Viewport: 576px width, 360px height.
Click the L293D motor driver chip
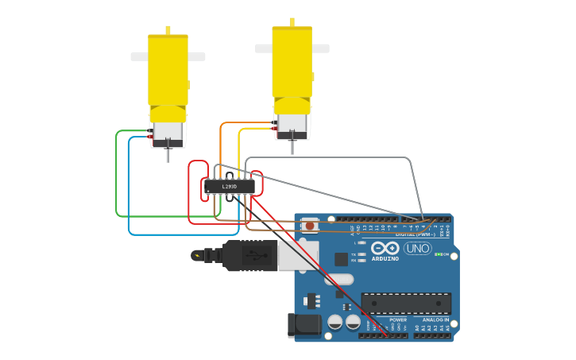click(x=230, y=187)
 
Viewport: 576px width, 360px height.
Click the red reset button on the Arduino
click(x=309, y=226)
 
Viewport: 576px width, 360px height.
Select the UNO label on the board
click(x=417, y=249)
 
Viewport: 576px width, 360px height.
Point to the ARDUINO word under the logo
click(x=385, y=258)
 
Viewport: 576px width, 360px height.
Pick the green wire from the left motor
click(x=117, y=175)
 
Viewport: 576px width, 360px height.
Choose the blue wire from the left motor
click(x=129, y=191)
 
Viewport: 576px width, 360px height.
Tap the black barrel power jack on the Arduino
click(x=303, y=325)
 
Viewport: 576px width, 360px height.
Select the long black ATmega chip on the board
click(x=406, y=302)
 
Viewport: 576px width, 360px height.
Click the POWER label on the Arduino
click(x=398, y=319)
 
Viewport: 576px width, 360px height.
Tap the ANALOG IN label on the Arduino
click(x=435, y=319)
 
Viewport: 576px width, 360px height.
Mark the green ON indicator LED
click(x=437, y=254)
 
